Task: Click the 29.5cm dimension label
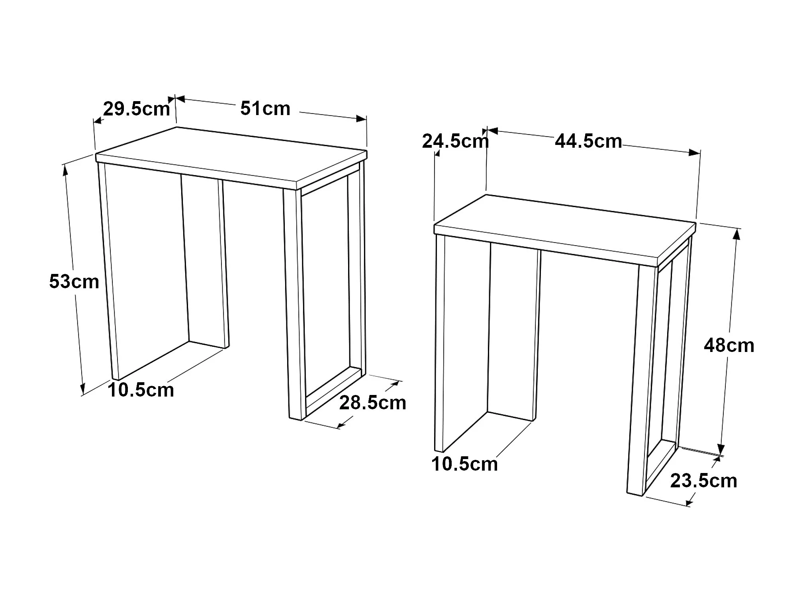pos(137,109)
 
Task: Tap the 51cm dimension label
pos(265,108)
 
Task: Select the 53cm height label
pos(74,281)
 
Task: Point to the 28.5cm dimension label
pos(373,403)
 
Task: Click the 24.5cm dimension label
pos(456,141)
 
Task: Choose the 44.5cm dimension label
pos(588,141)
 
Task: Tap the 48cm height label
pos(729,345)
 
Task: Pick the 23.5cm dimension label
pos(704,481)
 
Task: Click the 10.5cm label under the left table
pos(141,390)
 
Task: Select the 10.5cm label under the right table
pos(465,464)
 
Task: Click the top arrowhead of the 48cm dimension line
pos(736,235)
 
